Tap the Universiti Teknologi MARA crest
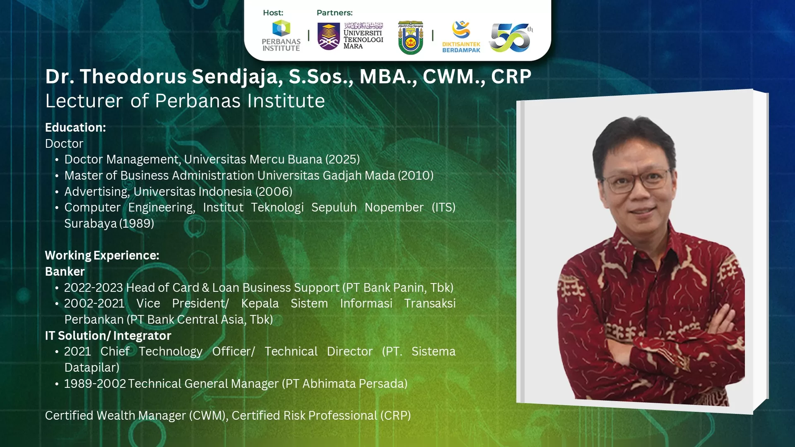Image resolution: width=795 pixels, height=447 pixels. pyautogui.click(x=328, y=36)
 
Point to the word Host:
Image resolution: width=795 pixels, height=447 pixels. pyautogui.click(x=273, y=13)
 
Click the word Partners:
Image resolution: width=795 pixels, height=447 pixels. pyautogui.click(x=335, y=13)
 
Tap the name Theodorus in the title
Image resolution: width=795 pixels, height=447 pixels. pyautogui.click(x=133, y=77)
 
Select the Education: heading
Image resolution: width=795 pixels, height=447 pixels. pyautogui.click(x=75, y=127)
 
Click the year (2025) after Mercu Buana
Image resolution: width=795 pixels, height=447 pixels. pyautogui.click(x=342, y=159)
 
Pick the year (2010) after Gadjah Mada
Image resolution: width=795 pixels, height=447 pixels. pyautogui.click(x=416, y=175)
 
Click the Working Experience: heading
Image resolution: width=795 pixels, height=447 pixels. pyautogui.click(x=102, y=255)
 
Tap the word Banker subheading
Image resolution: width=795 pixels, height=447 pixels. pyautogui.click(x=65, y=272)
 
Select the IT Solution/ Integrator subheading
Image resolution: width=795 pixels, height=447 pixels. pyautogui.click(x=108, y=336)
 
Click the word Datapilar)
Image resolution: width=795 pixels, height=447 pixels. pyautogui.click(x=92, y=368)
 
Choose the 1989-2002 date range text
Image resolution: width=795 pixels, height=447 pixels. pyautogui.click(x=95, y=384)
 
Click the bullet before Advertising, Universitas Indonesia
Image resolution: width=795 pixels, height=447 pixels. pyautogui.click(x=57, y=192)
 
